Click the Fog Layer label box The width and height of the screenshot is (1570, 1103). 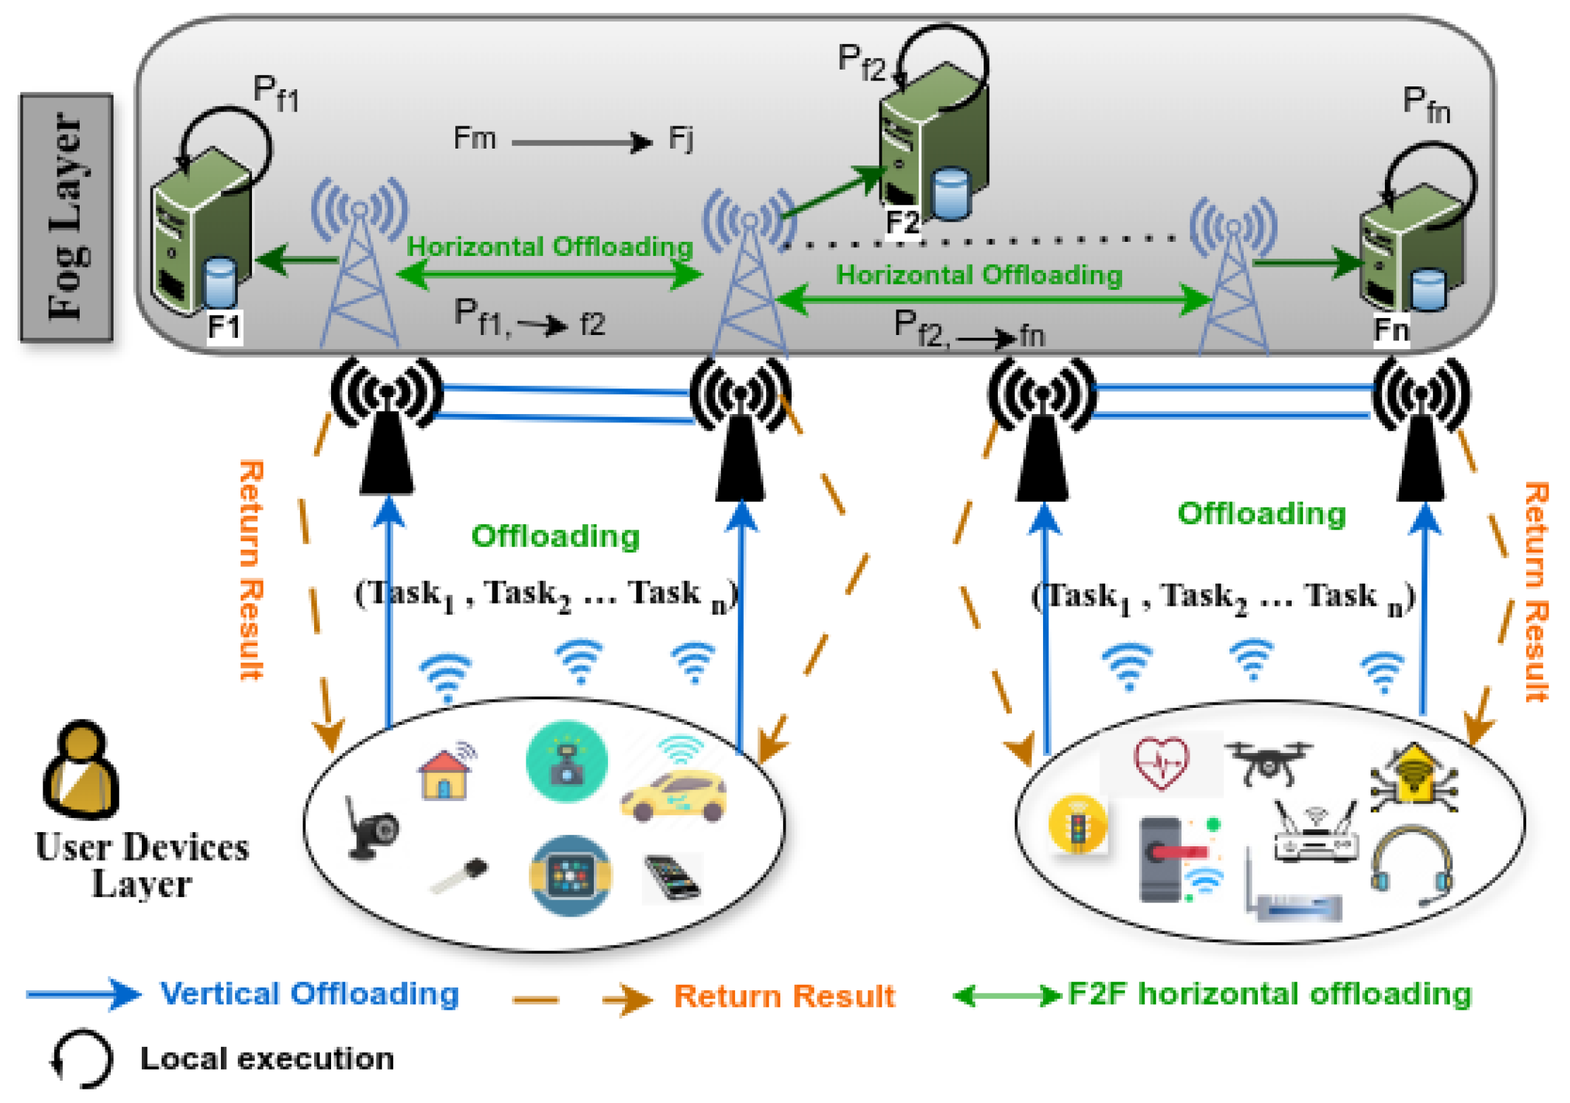pos(66,217)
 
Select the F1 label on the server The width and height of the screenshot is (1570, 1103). pos(224,328)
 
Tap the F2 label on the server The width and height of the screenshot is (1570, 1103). pos(902,223)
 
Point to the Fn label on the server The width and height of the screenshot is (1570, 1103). pos(1392,330)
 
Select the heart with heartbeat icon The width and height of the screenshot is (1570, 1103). pos(1161,763)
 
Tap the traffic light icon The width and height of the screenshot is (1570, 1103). pos(1078,824)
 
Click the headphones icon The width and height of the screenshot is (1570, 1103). pos(1412,863)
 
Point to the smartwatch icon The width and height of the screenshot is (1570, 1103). pos(570,875)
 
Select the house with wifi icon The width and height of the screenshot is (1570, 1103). pos(446,773)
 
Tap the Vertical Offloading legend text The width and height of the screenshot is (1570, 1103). pos(309,994)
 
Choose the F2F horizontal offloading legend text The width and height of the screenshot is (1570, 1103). pos(1269,994)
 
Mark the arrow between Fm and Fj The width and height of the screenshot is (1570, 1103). pos(581,143)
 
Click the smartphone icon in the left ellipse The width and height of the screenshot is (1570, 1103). pos(672,877)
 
